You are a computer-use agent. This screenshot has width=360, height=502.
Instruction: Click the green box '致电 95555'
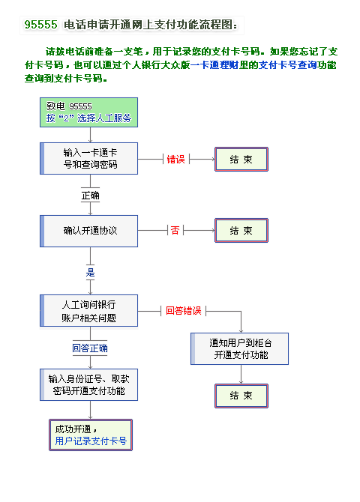pos(88,112)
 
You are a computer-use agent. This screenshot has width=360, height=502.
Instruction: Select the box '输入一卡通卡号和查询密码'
pos(88,159)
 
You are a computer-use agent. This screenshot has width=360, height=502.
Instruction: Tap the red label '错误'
pos(176,159)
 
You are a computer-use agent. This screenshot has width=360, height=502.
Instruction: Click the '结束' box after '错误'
pos(241,159)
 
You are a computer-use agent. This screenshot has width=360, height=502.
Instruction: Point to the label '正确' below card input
pos(91,195)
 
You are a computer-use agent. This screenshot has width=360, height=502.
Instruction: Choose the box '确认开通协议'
pos(88,231)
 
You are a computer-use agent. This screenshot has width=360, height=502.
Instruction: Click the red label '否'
pos(175,230)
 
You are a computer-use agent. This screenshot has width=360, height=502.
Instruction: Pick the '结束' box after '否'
pos(241,230)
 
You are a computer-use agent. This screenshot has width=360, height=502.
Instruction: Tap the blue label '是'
pos(91,273)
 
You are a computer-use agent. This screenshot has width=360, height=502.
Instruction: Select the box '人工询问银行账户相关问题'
pos(88,310)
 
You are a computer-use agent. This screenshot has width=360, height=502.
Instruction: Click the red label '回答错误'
pos(183,310)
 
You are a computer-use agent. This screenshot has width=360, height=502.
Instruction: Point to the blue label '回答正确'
pos(90,348)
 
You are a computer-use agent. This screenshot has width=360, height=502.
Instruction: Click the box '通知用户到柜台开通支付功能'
pos(239,348)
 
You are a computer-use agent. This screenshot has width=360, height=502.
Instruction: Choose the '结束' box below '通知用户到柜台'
pos(241,396)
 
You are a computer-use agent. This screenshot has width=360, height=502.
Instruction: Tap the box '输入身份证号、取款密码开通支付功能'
pos(88,384)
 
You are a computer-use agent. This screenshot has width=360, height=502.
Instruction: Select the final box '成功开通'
pos(91,435)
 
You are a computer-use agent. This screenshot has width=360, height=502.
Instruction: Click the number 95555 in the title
pos(40,25)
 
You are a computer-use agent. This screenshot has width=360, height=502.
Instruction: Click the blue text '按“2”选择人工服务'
pos(88,118)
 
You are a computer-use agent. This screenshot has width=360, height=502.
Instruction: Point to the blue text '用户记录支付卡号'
pos(91,441)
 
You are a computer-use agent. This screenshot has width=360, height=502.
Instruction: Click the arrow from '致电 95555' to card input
pos(91,135)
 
